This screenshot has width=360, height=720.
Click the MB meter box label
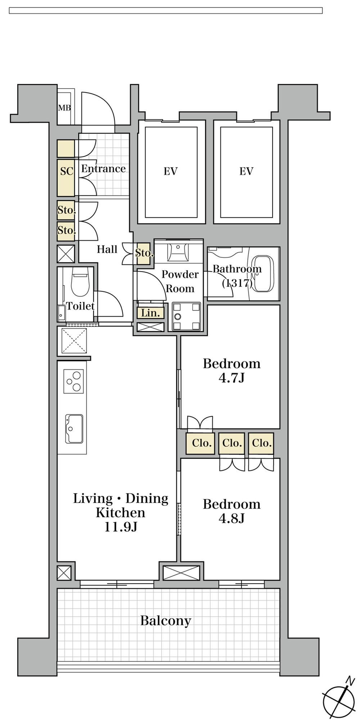(64, 107)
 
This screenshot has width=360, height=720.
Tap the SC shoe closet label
(67, 171)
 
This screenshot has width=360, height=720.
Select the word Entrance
(103, 168)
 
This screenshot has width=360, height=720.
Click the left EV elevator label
(171, 171)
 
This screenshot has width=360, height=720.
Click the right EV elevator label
(246, 171)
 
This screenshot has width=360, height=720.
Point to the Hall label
(107, 249)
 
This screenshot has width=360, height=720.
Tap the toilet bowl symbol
(80, 283)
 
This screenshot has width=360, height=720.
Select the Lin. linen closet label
(150, 313)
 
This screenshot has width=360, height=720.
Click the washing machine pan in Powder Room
(186, 316)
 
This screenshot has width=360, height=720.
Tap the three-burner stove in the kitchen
(73, 381)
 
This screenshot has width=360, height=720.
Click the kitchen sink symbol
(74, 429)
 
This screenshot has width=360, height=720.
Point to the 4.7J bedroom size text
(231, 378)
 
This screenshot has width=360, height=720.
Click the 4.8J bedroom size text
(231, 518)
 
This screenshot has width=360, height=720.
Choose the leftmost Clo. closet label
(201, 443)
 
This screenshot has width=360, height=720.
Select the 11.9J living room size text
(121, 527)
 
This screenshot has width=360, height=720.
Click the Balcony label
(166, 621)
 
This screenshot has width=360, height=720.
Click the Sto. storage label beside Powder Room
(144, 253)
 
